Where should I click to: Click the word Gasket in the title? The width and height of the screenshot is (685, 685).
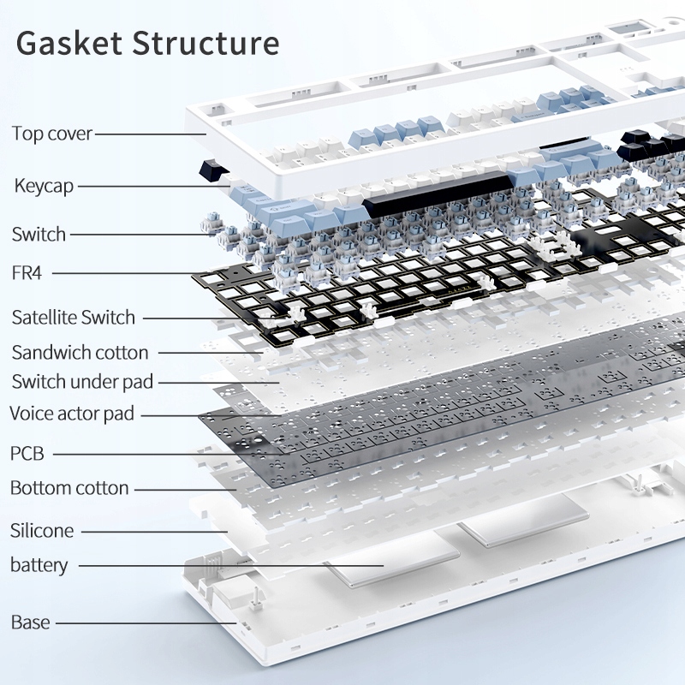(x=70, y=43)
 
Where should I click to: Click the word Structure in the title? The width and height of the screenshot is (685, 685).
(x=205, y=43)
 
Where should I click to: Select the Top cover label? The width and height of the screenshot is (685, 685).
(x=51, y=134)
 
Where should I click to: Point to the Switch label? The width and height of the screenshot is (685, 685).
(x=39, y=234)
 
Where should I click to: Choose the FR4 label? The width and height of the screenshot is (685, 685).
(x=27, y=273)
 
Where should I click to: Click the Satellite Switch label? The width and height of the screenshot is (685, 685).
(x=74, y=318)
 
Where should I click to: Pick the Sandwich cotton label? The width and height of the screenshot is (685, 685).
(x=80, y=352)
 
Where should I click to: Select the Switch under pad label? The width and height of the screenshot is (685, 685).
(x=82, y=382)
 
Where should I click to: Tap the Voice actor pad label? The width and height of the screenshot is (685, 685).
(x=72, y=414)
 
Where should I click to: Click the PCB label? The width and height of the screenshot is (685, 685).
(x=27, y=453)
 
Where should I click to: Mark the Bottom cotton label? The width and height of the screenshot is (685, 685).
(x=69, y=488)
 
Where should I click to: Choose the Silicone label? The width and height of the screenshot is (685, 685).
(x=42, y=531)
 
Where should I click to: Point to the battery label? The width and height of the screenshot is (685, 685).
(x=39, y=565)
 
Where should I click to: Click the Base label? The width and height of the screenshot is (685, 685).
(x=30, y=622)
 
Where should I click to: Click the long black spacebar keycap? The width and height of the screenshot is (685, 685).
(x=437, y=194)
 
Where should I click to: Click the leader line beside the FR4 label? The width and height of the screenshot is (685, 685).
(x=128, y=273)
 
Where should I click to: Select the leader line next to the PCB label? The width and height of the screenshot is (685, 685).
(x=171, y=453)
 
